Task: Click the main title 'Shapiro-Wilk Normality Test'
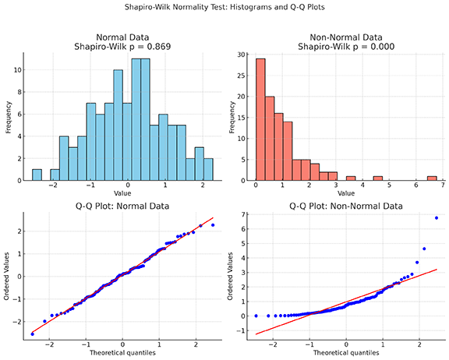[x=224, y=7]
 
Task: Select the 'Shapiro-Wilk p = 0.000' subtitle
[x=347, y=47]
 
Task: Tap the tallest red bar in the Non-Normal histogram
[x=260, y=119]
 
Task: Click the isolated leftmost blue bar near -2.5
[x=37, y=175]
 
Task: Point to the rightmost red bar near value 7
[x=431, y=178]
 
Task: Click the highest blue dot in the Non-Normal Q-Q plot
[x=437, y=218]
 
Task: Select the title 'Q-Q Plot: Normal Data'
[x=122, y=206]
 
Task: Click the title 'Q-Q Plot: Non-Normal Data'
[x=347, y=206]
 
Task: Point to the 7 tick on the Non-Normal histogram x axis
[x=442, y=188]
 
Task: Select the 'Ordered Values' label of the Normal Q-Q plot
[x=7, y=276]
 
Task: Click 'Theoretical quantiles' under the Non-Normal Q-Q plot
[x=347, y=353]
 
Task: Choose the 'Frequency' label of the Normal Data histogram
[x=7, y=117]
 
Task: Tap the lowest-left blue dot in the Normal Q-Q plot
[x=32, y=334]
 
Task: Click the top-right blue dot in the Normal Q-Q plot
[x=213, y=225]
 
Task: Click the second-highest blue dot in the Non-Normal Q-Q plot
[x=424, y=249]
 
